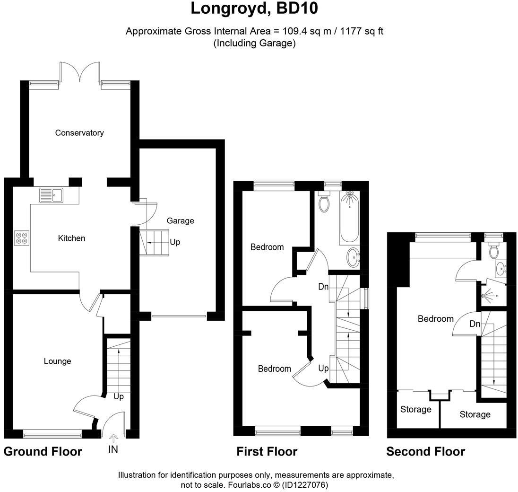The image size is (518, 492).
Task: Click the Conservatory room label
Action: (x=79, y=133)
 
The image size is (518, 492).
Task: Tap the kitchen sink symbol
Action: (x=52, y=195)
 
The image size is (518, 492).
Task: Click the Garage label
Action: (x=180, y=221)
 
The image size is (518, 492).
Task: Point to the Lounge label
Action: (x=57, y=361)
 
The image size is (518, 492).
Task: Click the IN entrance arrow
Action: (x=113, y=438)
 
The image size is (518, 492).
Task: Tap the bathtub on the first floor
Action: (x=349, y=218)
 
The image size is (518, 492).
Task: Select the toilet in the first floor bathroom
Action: (x=324, y=202)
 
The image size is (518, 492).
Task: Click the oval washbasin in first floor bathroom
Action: (x=353, y=258)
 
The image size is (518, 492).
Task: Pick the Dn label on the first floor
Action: (x=323, y=287)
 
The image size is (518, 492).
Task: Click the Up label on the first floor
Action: (x=323, y=369)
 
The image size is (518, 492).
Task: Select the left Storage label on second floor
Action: (x=415, y=410)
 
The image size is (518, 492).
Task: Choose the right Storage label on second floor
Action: (x=475, y=415)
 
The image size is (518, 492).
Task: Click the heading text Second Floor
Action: (x=425, y=452)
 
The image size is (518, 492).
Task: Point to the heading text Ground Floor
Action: (x=43, y=452)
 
